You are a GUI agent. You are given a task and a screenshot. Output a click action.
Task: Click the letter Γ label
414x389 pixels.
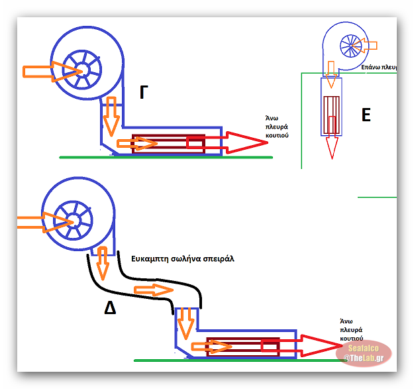click(144, 93)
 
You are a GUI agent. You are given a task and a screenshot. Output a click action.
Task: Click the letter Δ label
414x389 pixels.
click(110, 307)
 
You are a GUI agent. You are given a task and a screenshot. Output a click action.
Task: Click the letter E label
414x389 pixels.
click(366, 115)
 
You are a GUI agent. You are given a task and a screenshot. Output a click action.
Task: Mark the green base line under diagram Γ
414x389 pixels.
click(166, 157)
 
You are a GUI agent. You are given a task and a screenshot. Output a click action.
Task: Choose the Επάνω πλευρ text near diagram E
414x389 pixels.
click(378, 67)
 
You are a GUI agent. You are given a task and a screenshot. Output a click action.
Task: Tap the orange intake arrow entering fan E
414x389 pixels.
click(368, 45)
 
